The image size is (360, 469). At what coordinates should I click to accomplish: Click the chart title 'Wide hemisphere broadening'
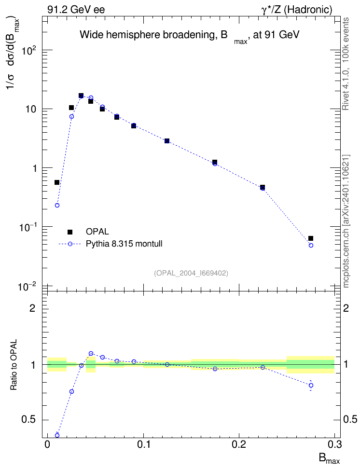click(146, 35)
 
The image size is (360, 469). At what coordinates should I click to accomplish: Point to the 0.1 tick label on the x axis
click(144, 444)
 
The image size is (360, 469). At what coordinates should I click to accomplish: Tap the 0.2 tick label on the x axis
click(239, 444)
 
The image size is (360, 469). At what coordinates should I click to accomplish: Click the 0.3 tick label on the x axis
click(334, 444)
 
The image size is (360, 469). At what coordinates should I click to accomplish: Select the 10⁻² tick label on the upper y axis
click(28, 287)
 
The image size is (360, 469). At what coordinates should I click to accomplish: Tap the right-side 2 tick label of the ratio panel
click(346, 308)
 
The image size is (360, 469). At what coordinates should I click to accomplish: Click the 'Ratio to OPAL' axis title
click(14, 365)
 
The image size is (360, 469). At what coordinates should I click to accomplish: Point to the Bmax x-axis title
click(329, 459)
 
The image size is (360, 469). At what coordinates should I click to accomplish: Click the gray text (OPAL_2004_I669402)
click(191, 273)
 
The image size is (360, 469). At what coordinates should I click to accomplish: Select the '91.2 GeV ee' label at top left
click(76, 10)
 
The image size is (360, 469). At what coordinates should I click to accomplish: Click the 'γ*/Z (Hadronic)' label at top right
click(297, 10)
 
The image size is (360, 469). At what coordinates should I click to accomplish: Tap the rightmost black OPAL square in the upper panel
click(311, 238)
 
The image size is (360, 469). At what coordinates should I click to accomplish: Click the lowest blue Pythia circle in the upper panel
click(311, 245)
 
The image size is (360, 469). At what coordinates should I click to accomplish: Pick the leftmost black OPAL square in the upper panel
click(57, 182)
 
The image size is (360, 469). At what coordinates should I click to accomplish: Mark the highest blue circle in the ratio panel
click(91, 354)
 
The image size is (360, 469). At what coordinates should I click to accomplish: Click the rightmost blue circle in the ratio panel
click(311, 385)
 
